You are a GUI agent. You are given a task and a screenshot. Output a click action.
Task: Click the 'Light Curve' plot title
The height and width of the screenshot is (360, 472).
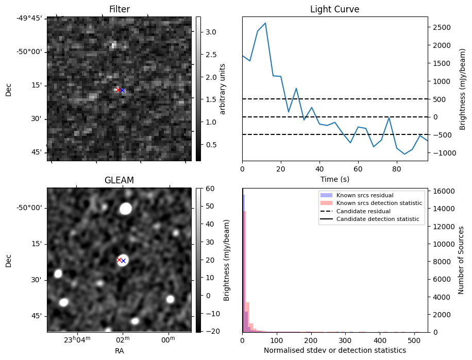point(334,9)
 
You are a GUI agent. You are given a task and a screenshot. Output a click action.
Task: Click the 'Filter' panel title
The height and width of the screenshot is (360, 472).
point(119,9)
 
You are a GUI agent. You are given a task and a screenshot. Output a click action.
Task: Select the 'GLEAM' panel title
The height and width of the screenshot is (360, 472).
point(119,180)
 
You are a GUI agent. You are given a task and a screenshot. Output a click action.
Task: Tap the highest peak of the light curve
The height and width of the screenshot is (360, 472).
point(265,23)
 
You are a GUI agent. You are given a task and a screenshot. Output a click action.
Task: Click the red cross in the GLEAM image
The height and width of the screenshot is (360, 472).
point(120,260)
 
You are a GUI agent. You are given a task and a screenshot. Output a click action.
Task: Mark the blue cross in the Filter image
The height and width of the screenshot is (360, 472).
point(123,91)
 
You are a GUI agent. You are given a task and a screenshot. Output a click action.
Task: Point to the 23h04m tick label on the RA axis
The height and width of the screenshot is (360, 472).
point(77,340)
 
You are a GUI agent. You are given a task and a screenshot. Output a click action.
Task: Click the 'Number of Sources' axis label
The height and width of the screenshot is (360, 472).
point(461,260)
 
